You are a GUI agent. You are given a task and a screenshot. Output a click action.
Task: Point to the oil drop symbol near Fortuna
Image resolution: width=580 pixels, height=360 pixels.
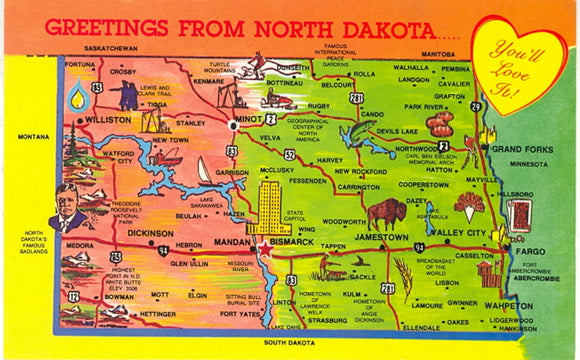click(77, 96)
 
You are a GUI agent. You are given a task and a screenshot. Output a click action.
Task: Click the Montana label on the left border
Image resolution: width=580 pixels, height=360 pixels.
click(33, 136)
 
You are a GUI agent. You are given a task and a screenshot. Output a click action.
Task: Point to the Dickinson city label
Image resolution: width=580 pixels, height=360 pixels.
click(150, 232)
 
